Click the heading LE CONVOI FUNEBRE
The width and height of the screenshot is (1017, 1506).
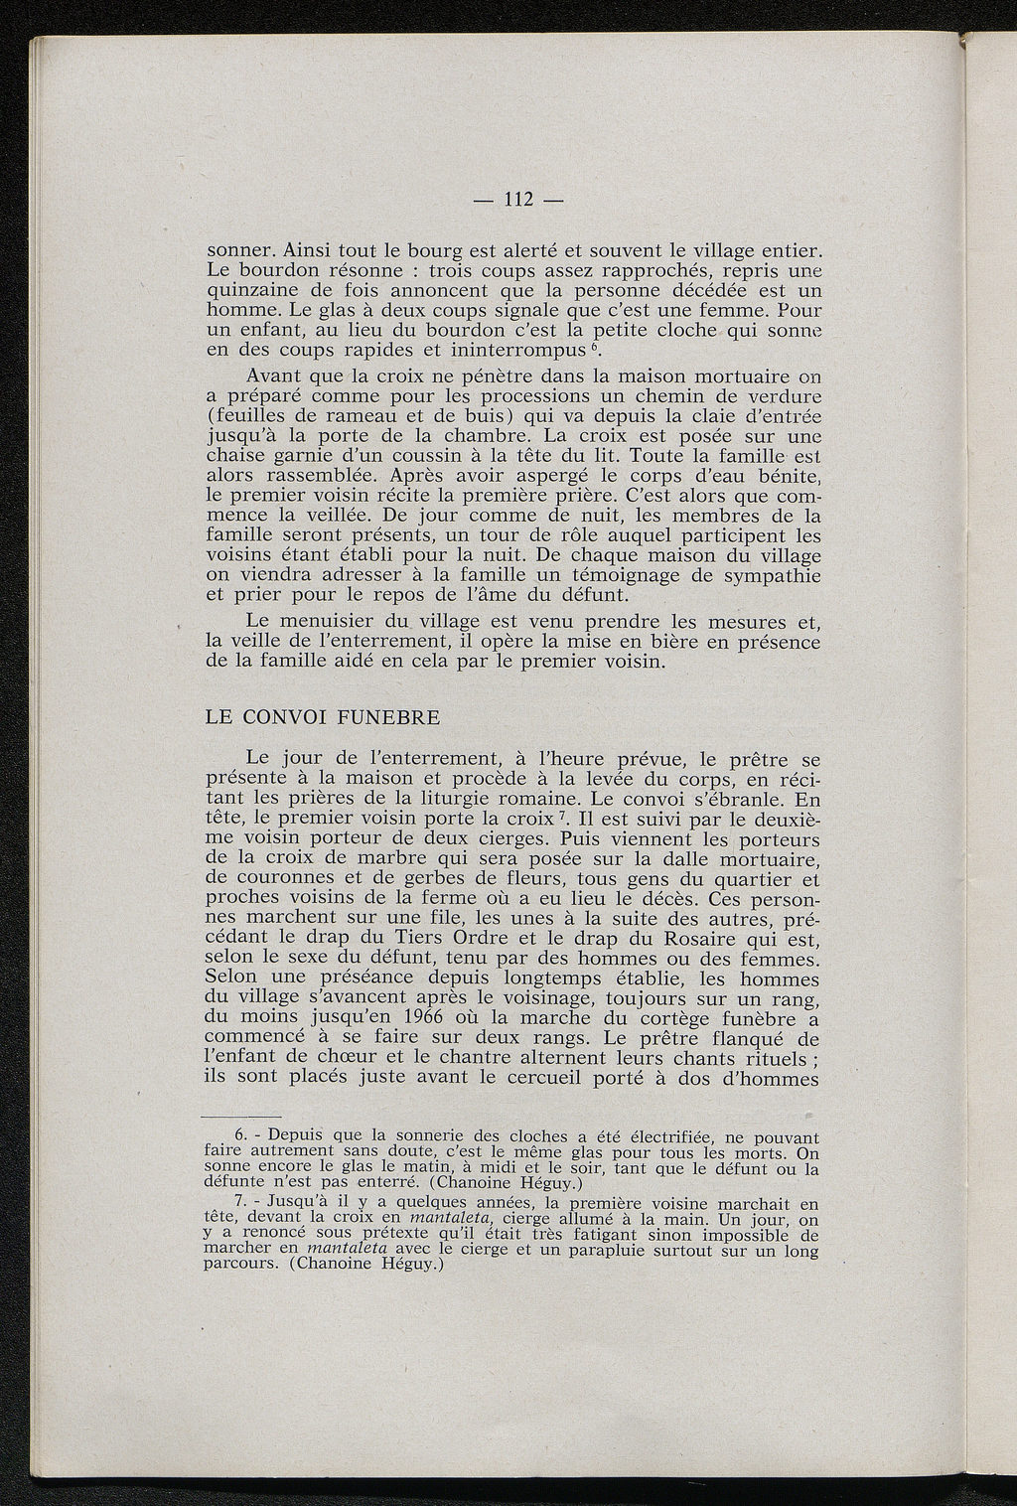tap(322, 717)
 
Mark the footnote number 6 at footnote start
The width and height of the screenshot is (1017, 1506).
tap(238, 1137)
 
